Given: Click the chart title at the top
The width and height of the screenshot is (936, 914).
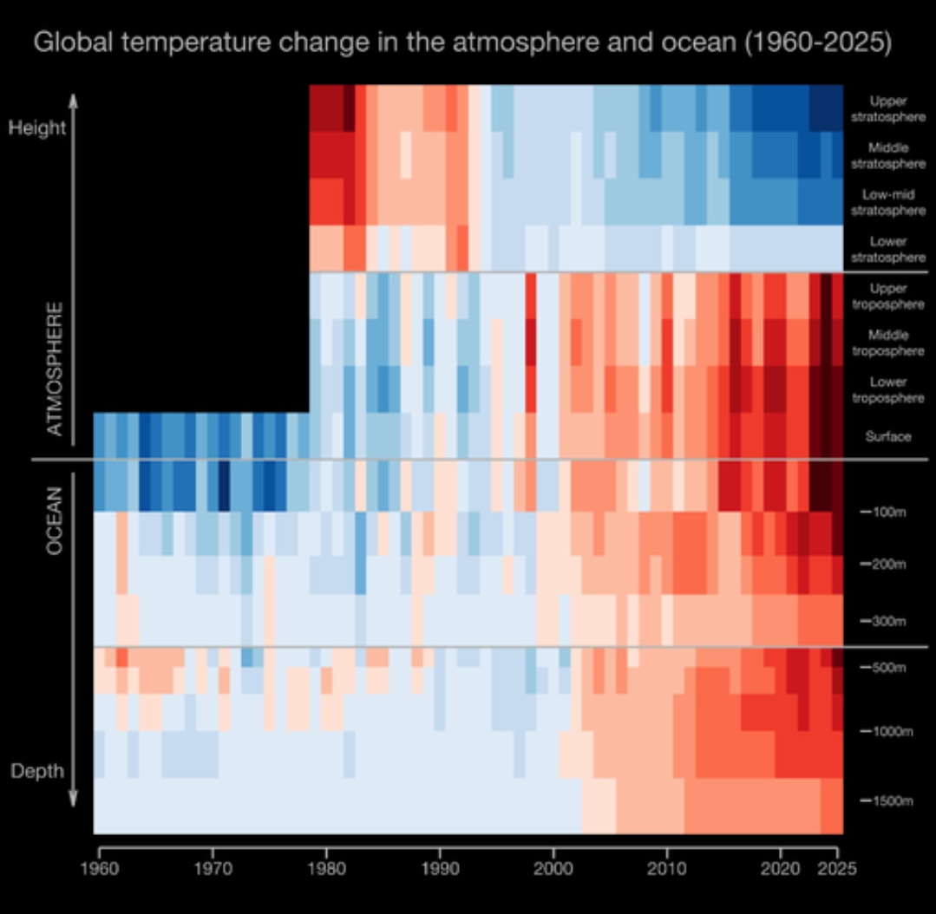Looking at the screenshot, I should (462, 42).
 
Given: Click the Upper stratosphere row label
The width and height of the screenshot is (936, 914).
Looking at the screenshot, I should (887, 108).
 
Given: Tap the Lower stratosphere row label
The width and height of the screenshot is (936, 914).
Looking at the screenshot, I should (887, 250).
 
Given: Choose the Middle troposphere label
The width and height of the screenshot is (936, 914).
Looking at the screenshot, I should (887, 343).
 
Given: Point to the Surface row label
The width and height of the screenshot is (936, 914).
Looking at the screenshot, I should (887, 437).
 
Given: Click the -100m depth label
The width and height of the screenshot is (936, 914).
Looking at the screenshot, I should (884, 512).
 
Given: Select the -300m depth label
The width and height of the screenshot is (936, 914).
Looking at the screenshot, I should (884, 622).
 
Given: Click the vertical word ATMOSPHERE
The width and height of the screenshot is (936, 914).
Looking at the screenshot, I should (55, 369).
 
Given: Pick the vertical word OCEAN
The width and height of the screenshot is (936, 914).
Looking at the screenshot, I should (55, 520).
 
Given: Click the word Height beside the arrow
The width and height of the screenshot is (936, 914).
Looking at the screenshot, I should (37, 127).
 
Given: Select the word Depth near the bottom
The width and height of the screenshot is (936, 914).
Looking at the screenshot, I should (37, 771).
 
